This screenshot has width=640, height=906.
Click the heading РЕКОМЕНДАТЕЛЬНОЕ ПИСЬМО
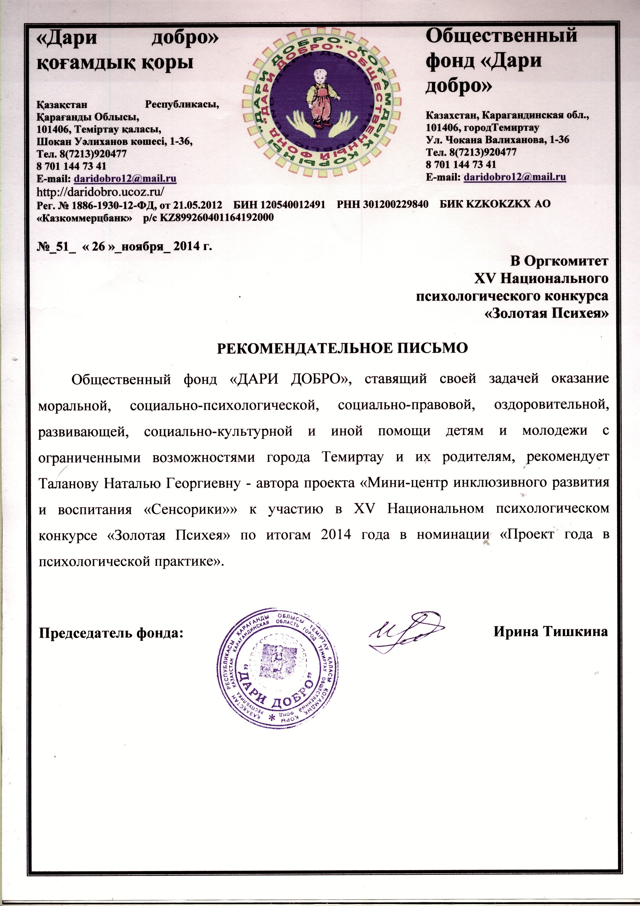point(342,348)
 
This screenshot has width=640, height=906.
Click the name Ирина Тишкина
point(550,632)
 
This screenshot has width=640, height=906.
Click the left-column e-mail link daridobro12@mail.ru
point(125,178)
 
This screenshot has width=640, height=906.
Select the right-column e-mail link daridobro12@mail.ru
point(515,177)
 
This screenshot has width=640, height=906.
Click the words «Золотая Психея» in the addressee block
point(546,314)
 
